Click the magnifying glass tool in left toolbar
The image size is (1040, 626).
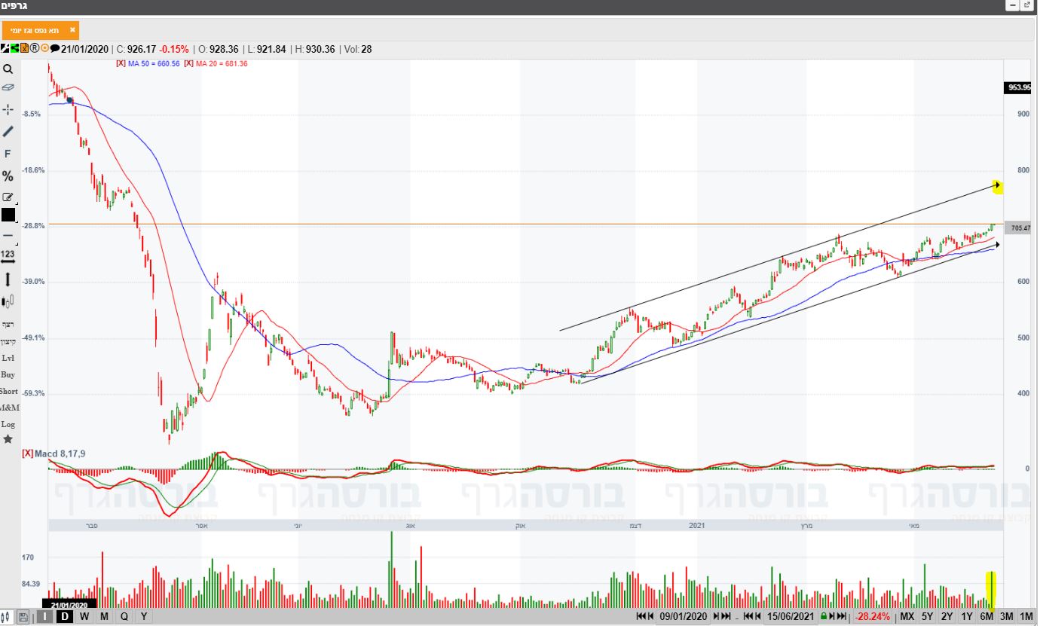(x=8, y=69)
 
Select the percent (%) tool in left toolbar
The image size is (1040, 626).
(x=8, y=176)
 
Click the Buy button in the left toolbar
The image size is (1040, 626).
(x=8, y=374)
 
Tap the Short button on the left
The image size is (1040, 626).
(x=8, y=391)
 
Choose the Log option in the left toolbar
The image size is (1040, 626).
(x=8, y=424)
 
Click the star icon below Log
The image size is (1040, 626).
(x=8, y=438)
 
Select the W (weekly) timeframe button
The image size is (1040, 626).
(x=84, y=616)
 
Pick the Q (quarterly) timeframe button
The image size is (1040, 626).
(x=124, y=616)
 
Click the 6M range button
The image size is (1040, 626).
(x=986, y=616)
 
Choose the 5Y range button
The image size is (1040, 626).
(x=928, y=616)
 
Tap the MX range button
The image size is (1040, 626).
(x=907, y=616)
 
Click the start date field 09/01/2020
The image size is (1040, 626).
(x=684, y=616)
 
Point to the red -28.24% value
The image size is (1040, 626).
(x=872, y=616)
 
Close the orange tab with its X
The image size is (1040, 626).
(x=72, y=30)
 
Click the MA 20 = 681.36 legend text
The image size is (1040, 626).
(x=222, y=64)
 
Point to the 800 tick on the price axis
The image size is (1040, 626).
(x=1023, y=170)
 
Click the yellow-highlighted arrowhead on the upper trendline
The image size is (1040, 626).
(x=997, y=186)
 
